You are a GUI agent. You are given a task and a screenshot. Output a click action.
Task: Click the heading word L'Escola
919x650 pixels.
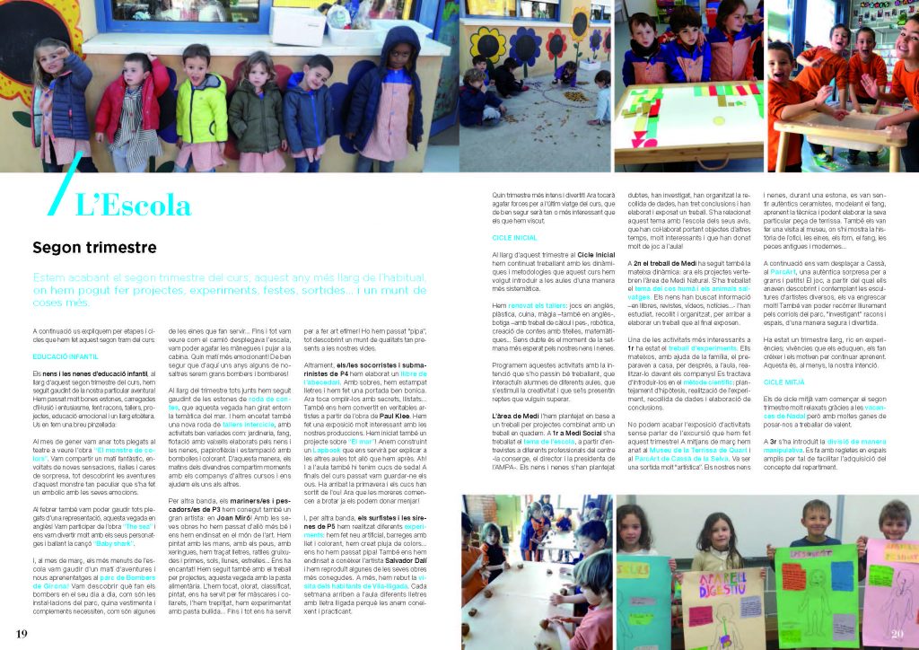(133, 205)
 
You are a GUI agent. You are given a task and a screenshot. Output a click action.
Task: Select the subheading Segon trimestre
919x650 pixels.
(94, 247)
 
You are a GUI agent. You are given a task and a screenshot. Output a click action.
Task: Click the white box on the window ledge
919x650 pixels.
(297, 27)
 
